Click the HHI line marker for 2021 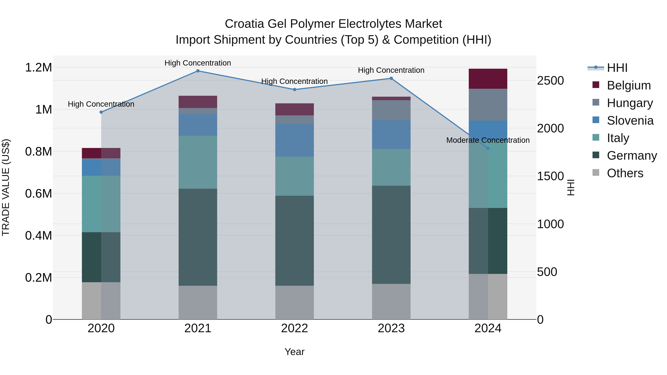198,71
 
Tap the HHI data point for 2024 488,148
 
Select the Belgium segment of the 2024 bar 488,79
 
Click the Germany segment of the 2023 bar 391,235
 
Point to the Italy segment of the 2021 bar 198,162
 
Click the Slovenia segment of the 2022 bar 294,140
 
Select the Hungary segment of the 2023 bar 391,110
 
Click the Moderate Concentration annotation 488,140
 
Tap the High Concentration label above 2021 198,63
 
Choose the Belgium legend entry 628,85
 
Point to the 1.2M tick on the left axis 38,68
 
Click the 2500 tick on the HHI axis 550,81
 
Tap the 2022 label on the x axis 294,328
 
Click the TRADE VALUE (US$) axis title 6,187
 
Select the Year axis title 294,352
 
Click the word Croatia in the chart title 244,24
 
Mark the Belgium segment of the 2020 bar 101,153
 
